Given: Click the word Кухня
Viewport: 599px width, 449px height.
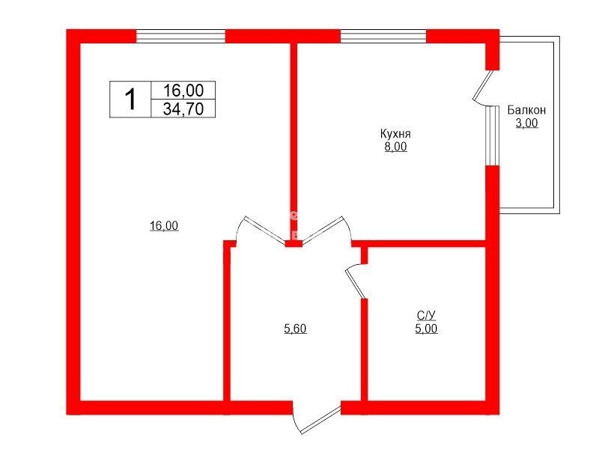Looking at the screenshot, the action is [395, 134].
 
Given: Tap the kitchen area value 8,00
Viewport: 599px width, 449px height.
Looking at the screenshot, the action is [396, 147].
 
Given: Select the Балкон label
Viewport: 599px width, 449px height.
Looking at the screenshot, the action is [526, 110].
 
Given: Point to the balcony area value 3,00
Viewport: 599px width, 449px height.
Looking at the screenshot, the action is [527, 123].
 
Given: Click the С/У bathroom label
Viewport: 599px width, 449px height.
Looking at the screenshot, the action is [426, 315].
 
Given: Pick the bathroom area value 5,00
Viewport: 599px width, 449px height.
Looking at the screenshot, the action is [426, 329].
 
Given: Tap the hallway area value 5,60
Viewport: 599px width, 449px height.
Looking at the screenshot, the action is [295, 329].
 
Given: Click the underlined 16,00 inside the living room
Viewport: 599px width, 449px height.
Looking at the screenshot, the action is [164, 226].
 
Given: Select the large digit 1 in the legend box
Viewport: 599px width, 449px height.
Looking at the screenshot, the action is [130, 100].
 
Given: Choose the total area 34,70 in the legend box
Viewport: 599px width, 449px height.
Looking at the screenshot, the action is [183, 109].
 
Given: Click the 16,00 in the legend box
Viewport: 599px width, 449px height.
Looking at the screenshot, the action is [183, 91].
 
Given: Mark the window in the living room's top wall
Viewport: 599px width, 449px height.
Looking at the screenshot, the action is [180, 36].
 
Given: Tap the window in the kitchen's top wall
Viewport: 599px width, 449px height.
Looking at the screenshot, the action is [383, 36].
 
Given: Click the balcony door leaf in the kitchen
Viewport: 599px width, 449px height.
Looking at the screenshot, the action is [483, 85].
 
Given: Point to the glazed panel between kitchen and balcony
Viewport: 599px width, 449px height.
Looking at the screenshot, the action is [493, 135].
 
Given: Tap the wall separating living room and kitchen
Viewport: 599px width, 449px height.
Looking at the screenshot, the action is [294, 141].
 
